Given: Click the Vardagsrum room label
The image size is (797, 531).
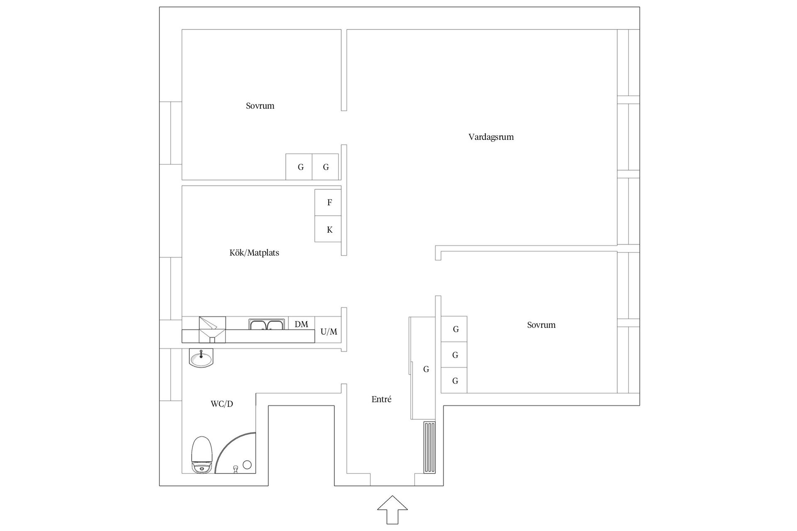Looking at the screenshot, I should click(491, 137).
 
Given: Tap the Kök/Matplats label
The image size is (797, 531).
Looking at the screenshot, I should click(254, 253).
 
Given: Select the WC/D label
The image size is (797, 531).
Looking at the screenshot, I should click(222, 404).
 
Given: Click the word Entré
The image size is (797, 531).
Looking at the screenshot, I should click(381, 399).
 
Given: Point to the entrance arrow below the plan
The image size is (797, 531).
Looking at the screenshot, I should click(392, 509).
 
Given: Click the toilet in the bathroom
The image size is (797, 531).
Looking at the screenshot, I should click(202, 454).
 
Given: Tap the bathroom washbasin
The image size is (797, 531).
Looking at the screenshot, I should click(201, 358).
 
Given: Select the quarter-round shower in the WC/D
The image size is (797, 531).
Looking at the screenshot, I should click(237, 454).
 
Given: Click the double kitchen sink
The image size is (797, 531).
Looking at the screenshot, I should click(267, 324).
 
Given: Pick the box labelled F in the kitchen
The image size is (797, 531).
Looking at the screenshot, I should click(328, 202).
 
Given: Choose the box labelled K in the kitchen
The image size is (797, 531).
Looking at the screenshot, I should click(328, 229).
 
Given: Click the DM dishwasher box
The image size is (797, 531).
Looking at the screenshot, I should click(301, 324).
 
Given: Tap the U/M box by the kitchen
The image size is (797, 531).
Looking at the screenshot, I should click(328, 331).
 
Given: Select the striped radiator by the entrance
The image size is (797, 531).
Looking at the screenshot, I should click(430, 448).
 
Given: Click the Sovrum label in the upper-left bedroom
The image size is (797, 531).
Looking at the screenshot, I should click(260, 106).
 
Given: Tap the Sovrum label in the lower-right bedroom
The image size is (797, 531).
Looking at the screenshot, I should click(541, 325).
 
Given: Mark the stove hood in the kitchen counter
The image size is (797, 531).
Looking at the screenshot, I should click(212, 329).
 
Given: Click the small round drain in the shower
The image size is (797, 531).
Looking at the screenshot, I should click(247, 465).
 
